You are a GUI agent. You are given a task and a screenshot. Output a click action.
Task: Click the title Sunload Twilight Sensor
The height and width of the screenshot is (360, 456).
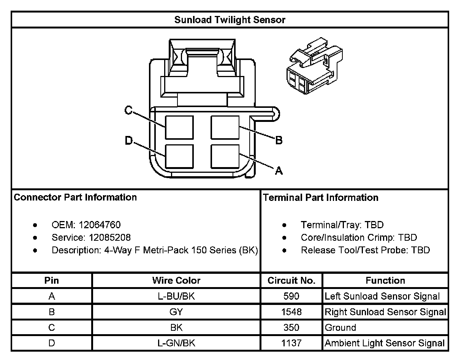[x=230, y=20]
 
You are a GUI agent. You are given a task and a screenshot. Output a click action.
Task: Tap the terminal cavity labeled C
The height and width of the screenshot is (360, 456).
[x=179, y=127]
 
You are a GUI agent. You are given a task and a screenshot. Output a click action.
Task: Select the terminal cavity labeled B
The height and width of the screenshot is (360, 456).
[x=225, y=127]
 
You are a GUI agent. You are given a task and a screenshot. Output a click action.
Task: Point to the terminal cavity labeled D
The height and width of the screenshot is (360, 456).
[x=179, y=156]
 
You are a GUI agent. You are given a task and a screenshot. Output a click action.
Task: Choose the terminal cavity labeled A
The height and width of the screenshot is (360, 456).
[x=225, y=156]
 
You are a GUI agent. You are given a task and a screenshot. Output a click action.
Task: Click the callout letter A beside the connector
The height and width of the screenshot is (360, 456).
[x=279, y=171]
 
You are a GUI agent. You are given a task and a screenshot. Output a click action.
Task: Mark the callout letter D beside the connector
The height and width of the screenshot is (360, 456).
[x=129, y=141]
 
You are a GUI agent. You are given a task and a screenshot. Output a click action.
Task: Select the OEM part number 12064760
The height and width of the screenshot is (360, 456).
[x=100, y=225]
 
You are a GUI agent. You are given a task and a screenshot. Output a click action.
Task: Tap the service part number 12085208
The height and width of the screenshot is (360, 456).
[x=110, y=238]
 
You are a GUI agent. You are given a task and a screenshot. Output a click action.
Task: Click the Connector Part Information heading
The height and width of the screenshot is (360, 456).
[x=75, y=197]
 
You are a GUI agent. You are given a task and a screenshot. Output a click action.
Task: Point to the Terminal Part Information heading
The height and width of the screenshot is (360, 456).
[x=321, y=197]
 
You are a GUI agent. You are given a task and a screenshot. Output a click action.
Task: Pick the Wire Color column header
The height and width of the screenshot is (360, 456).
[x=176, y=281]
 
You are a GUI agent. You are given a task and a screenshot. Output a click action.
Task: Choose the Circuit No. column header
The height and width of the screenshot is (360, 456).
[x=291, y=281]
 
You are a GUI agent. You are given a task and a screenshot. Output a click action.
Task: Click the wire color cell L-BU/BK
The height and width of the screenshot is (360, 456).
[x=176, y=296]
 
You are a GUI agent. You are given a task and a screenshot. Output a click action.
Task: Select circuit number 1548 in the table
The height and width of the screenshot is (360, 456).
[x=291, y=312]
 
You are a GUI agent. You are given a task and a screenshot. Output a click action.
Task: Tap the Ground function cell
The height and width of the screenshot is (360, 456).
[x=340, y=328]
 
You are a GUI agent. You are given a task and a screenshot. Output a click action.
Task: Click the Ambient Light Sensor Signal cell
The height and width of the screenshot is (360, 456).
[x=384, y=343]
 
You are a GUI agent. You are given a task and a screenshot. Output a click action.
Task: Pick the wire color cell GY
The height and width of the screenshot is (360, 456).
[x=176, y=312]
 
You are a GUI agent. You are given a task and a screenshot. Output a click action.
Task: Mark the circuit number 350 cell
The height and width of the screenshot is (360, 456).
[x=291, y=328]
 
